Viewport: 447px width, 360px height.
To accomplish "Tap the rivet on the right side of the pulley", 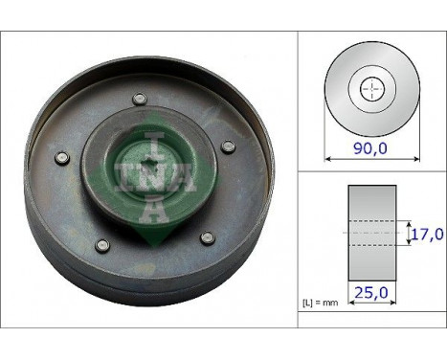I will click(228, 146).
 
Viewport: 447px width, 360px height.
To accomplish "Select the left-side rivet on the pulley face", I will click(60, 159).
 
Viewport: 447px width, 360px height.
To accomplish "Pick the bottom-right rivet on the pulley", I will click(205, 236).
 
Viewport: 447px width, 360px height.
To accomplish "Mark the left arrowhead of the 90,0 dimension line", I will click(327, 159).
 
